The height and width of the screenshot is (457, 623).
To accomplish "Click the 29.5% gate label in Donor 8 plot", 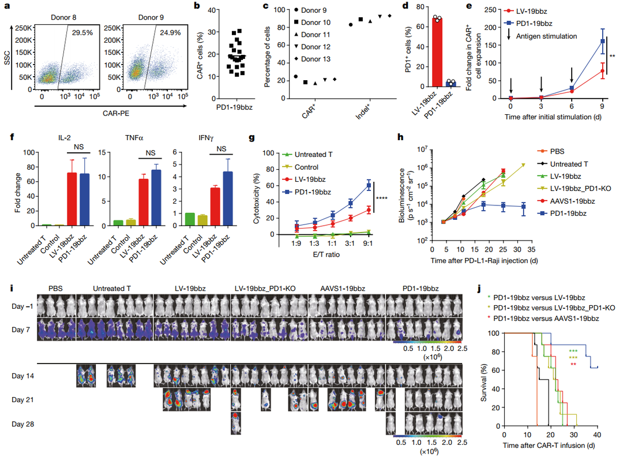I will click(82, 34).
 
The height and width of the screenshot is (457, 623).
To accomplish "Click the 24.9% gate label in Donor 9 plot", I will click(167, 34).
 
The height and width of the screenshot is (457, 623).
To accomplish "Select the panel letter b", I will click(197, 8).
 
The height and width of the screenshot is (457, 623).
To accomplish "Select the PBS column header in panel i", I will click(55, 287).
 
